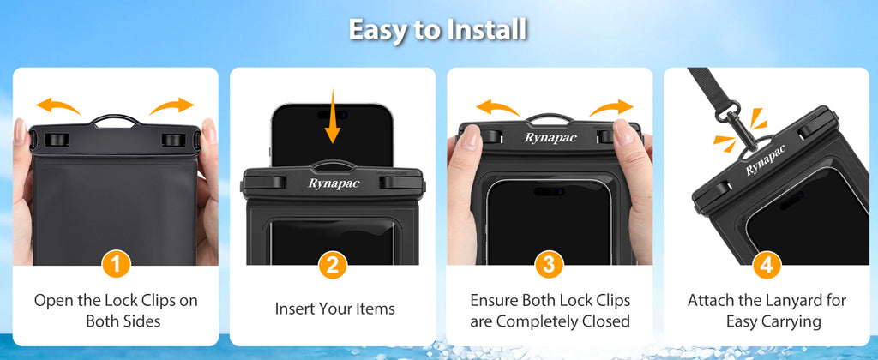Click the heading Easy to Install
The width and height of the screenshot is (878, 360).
[x=438, y=30]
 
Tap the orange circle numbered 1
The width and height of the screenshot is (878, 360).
[x=116, y=265]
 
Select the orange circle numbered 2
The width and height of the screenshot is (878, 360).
[x=333, y=265]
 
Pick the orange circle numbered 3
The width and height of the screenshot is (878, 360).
[x=550, y=265]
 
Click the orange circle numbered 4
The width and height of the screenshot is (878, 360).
[x=766, y=265]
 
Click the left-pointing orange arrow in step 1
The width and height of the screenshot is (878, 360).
[x=58, y=106]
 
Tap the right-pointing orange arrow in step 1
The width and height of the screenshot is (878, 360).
[x=171, y=106]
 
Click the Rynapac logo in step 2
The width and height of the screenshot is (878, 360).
[x=334, y=183]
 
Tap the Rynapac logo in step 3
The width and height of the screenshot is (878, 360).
[x=550, y=138]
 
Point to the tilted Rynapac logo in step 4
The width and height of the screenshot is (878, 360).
[x=766, y=160]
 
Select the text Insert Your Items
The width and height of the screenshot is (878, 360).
[x=335, y=309]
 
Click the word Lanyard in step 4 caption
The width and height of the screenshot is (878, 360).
[x=790, y=300]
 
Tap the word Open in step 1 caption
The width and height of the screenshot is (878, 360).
[x=53, y=301]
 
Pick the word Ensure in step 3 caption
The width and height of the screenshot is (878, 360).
[x=494, y=300]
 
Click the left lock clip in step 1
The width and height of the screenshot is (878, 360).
[x=54, y=140]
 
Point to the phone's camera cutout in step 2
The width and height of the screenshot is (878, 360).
[x=333, y=114]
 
